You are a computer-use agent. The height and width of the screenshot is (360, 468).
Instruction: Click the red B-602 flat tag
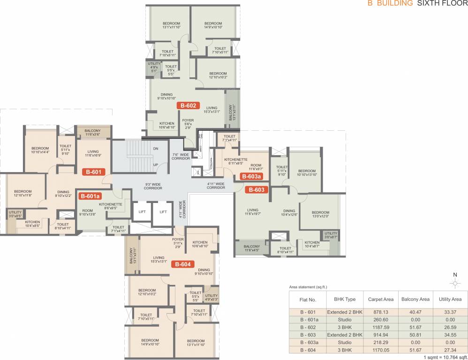click(x=189, y=105)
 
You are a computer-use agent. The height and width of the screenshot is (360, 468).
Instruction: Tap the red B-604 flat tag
click(x=183, y=264)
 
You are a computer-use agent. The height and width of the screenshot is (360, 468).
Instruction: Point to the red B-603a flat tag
click(x=251, y=177)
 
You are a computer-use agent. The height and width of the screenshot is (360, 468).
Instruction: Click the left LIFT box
click(x=142, y=212)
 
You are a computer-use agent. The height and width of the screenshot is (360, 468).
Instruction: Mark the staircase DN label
click(x=156, y=149)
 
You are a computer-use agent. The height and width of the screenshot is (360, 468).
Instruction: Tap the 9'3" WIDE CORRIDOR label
click(x=153, y=186)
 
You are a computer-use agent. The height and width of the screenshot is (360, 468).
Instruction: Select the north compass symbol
click(x=454, y=283)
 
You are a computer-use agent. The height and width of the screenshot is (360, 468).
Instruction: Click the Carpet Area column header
click(x=380, y=299)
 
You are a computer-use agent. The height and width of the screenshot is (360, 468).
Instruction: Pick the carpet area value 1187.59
click(x=380, y=327)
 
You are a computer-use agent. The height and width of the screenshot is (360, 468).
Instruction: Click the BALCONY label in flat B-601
click(x=93, y=131)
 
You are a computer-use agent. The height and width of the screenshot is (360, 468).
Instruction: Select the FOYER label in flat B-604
click(x=178, y=238)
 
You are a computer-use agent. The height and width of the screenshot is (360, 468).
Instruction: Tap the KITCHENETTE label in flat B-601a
click(x=111, y=205)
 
